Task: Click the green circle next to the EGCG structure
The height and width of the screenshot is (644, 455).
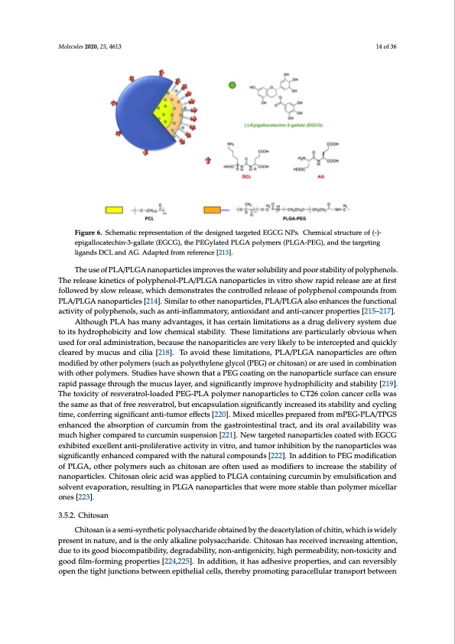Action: tap(223, 85)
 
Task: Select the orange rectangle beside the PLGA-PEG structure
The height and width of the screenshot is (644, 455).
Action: tap(213, 210)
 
